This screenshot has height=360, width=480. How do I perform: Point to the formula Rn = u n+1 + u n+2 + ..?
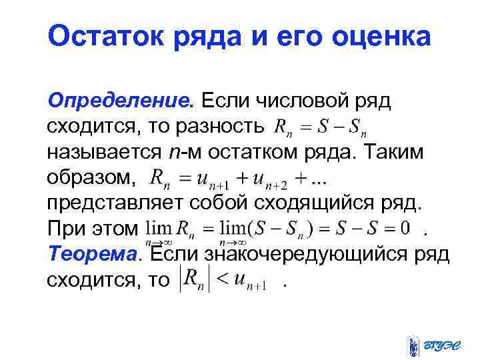pyautogui.click(x=239, y=179)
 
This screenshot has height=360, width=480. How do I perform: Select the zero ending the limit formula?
pyautogui.click(x=405, y=229)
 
